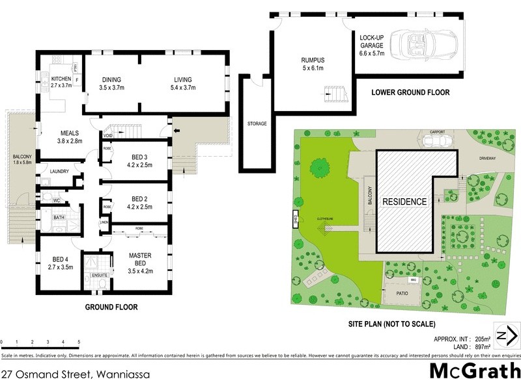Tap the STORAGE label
point(257,123)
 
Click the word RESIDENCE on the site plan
point(404,201)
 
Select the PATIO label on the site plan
point(402,293)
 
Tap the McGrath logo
point(475,371)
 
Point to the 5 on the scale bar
point(79,341)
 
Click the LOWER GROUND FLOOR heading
point(410,93)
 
